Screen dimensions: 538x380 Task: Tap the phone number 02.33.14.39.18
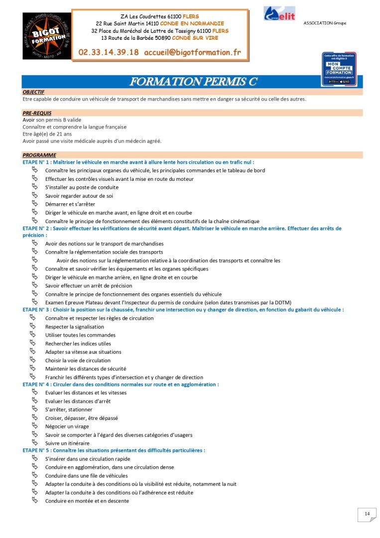(x=109, y=52)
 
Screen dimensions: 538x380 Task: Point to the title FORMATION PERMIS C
(x=194, y=82)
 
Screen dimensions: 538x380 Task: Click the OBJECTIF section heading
(x=33, y=92)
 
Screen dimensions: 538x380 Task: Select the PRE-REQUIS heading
(x=37, y=113)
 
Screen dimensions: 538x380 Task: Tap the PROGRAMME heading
(x=39, y=155)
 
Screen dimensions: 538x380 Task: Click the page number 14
(x=367, y=514)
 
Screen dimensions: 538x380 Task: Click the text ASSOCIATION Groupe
(x=325, y=23)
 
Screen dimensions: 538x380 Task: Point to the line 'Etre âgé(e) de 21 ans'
(x=47, y=134)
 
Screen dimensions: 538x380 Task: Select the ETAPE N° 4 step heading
(x=121, y=385)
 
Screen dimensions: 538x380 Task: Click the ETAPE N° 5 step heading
(x=114, y=450)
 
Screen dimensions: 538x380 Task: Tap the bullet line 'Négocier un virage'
(x=67, y=426)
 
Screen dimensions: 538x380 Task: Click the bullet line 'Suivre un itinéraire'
(x=67, y=443)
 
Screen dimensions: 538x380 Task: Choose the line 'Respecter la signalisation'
(x=75, y=327)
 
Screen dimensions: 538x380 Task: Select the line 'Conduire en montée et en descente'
(x=87, y=501)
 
